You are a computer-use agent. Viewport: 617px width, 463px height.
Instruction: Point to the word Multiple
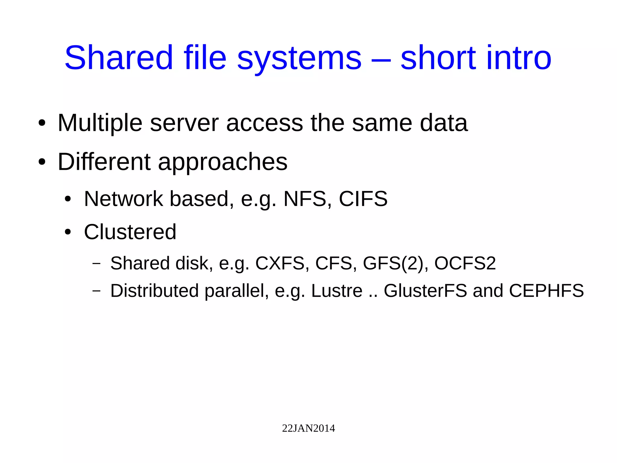click(100, 123)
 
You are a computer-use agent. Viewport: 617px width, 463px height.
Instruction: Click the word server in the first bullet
click(184, 123)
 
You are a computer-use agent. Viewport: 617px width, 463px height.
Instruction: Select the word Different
click(104, 162)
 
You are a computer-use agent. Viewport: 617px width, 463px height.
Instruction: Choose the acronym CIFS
click(363, 199)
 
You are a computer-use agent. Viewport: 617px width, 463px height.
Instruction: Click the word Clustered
click(130, 232)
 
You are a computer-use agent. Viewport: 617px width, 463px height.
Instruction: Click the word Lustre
click(337, 291)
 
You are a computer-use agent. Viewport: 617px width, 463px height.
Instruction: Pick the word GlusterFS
click(425, 291)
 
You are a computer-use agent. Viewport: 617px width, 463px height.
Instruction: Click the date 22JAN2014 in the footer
click(308, 428)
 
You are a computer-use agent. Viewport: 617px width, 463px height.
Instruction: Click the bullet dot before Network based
click(68, 199)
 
